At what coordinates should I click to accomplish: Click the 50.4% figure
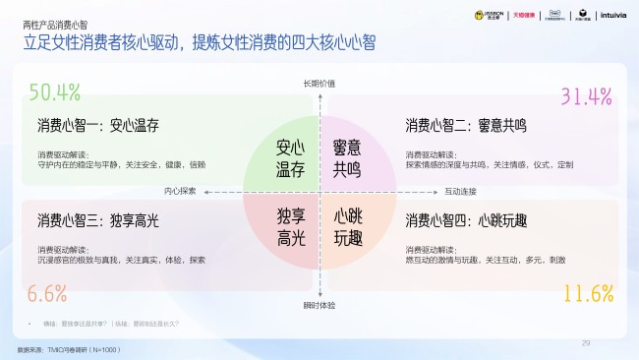tap(54, 92)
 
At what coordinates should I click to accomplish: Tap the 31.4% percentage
tap(586, 96)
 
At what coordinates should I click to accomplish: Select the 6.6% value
tap(46, 292)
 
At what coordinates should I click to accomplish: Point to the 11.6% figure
tap(588, 293)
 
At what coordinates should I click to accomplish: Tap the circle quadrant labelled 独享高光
tap(289, 226)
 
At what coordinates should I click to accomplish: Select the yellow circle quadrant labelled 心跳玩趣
tap(347, 226)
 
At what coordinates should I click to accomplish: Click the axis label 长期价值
tap(319, 84)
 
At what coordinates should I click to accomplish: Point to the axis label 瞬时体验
tap(319, 305)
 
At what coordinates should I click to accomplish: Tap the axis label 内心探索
tap(181, 191)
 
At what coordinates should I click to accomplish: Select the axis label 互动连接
tap(460, 191)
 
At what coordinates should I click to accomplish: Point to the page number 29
tap(586, 342)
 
